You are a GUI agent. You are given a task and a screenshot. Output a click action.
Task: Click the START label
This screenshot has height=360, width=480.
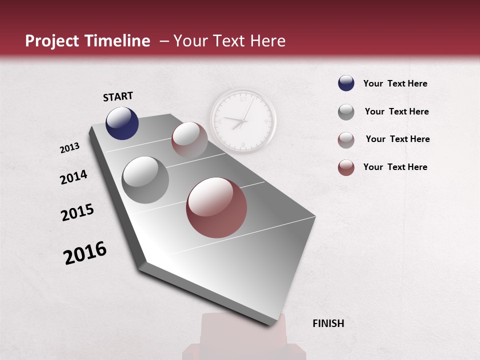[118, 96]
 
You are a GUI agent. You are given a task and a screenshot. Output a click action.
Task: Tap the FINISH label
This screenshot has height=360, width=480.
[328, 323]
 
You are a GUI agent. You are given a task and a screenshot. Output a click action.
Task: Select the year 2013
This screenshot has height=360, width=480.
[69, 147]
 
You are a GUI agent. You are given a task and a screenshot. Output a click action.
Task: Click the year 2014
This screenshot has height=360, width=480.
[73, 177]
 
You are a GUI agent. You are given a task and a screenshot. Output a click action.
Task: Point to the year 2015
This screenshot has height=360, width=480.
[77, 212]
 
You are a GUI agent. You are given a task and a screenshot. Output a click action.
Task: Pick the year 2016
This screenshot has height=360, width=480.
[85, 252]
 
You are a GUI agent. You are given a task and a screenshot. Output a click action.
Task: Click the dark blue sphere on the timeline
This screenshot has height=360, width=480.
[122, 123]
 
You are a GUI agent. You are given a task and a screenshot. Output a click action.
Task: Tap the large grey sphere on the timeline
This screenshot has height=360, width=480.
[145, 179]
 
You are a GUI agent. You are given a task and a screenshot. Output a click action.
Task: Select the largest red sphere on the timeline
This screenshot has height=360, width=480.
[216, 207]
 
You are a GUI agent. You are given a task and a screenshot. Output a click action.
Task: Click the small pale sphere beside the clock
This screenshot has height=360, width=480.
[189, 139]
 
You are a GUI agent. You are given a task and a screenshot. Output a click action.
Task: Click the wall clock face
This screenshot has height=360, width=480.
[242, 121]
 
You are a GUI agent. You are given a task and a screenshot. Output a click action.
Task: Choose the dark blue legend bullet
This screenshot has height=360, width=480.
[346, 83]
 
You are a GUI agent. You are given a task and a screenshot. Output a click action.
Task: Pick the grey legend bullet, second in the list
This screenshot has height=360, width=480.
[346, 112]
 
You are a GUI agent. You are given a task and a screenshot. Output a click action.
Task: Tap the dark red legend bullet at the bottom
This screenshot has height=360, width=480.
[346, 167]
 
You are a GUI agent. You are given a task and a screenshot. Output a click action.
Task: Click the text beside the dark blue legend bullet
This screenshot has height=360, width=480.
[395, 83]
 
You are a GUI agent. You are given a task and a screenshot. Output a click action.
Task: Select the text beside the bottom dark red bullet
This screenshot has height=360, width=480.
[395, 167]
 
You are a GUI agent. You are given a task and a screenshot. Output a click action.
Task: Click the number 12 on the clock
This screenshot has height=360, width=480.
[242, 99]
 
